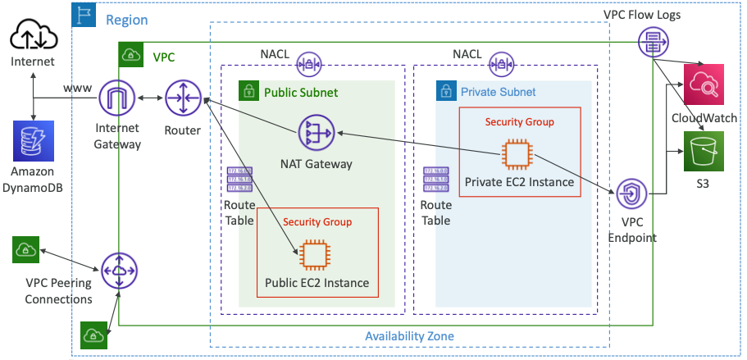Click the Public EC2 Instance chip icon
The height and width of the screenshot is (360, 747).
[316, 254]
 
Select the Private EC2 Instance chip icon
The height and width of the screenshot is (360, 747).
[517, 153]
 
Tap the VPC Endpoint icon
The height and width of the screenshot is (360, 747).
[631, 194]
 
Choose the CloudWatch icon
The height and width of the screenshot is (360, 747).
[704, 84]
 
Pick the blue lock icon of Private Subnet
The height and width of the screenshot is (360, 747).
[446, 91]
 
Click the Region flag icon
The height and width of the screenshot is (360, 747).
[84, 15]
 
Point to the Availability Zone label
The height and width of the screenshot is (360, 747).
[408, 336]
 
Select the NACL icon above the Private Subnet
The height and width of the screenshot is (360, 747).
[501, 62]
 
